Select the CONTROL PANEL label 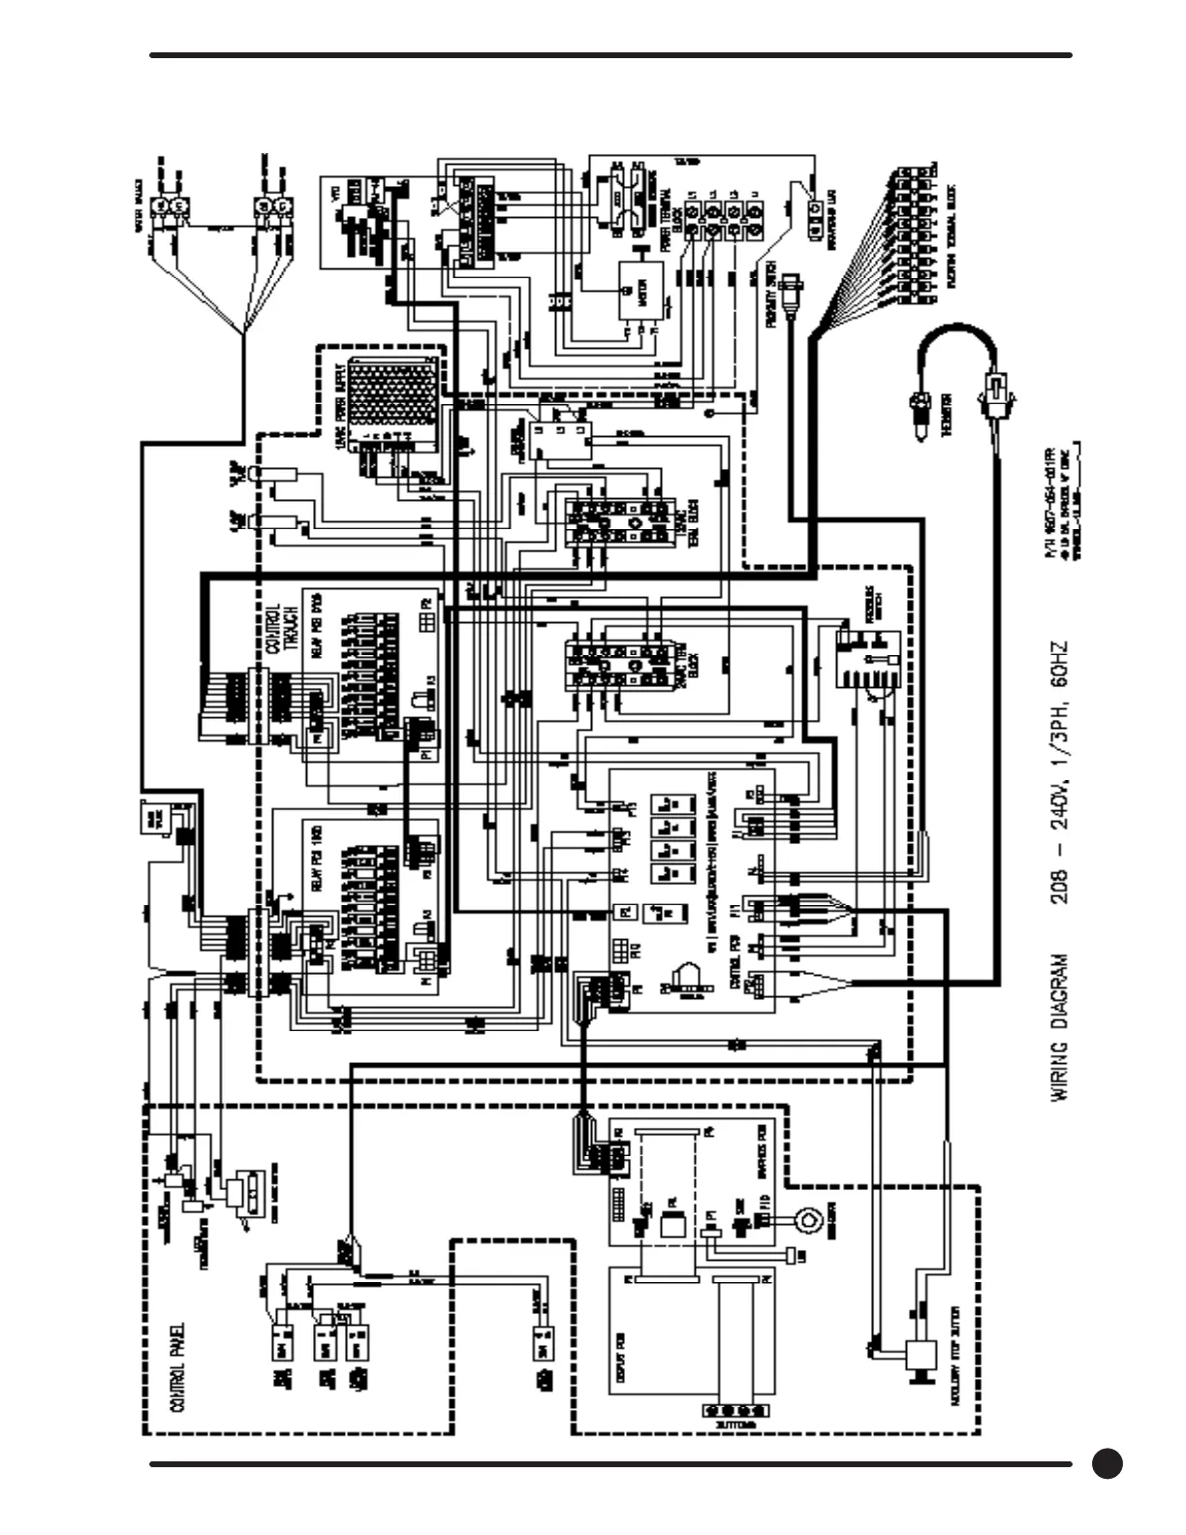pyautogui.click(x=177, y=1368)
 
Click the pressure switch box pyautogui.click(x=867, y=659)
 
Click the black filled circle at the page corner pyautogui.click(x=1107, y=1463)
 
